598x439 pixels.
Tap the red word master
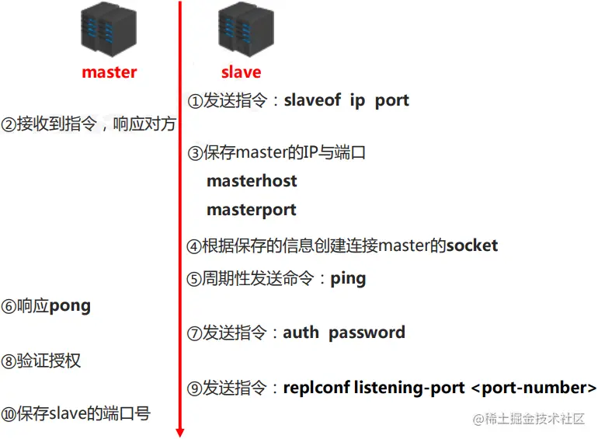[x=109, y=72]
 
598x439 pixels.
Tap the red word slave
[x=241, y=72]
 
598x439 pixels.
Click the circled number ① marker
[x=195, y=101]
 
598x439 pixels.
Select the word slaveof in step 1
[x=312, y=100]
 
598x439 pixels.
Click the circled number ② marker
[x=9, y=125]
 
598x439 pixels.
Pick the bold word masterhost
[x=252, y=181]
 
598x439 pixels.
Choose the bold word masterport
[x=252, y=210]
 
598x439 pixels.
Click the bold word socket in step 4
[x=471, y=246]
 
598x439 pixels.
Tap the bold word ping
[x=348, y=278]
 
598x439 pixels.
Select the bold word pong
[x=70, y=305]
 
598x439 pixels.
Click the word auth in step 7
[x=301, y=333]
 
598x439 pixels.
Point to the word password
[x=367, y=333]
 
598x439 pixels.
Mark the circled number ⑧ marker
[x=9, y=361]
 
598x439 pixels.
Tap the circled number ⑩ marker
[x=9, y=414]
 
